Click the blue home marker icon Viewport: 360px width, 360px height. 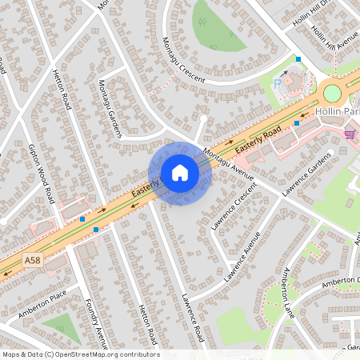pos(180,173)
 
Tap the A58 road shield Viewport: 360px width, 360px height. pos(32,260)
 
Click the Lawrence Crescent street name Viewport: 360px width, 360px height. pos(234,206)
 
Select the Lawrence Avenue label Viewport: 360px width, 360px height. pos(242,257)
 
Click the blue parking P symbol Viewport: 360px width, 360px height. pos(278,82)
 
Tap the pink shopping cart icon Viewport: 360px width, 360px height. pos(350,134)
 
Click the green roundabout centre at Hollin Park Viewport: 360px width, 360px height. pos(332,93)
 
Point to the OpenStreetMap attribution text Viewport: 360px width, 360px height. pos(80,354)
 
